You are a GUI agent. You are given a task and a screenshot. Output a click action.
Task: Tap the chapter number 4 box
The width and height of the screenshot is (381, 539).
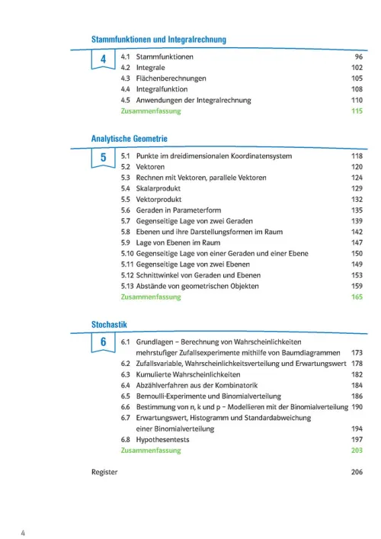pyautogui.click(x=103, y=59)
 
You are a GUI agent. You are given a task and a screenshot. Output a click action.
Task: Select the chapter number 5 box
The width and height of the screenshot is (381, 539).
pyautogui.click(x=103, y=158)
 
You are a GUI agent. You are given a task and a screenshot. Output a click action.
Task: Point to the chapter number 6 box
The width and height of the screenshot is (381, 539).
pyautogui.click(x=103, y=343)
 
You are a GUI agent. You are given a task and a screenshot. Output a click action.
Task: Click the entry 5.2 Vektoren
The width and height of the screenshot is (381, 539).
pyautogui.click(x=145, y=167)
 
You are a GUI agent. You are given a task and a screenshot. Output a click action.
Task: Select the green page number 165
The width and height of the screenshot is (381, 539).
pyautogui.click(x=356, y=297)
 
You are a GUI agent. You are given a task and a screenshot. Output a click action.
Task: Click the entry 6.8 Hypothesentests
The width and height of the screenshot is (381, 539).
pyautogui.click(x=157, y=440)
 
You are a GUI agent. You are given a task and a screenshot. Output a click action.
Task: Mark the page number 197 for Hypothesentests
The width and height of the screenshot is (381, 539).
pyautogui.click(x=356, y=440)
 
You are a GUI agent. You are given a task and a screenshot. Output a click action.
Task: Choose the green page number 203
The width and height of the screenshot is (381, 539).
pyautogui.click(x=356, y=451)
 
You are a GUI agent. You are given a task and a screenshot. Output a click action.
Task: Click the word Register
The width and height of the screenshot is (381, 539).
pyautogui.click(x=104, y=472)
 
